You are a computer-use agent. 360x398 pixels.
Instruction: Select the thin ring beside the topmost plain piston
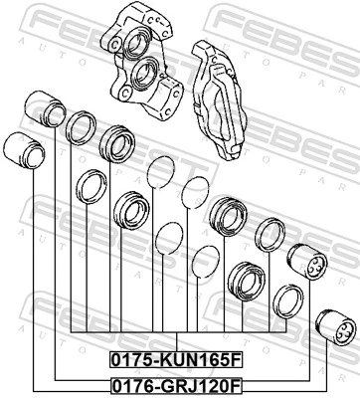pyautogui.click(x=80, y=127)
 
